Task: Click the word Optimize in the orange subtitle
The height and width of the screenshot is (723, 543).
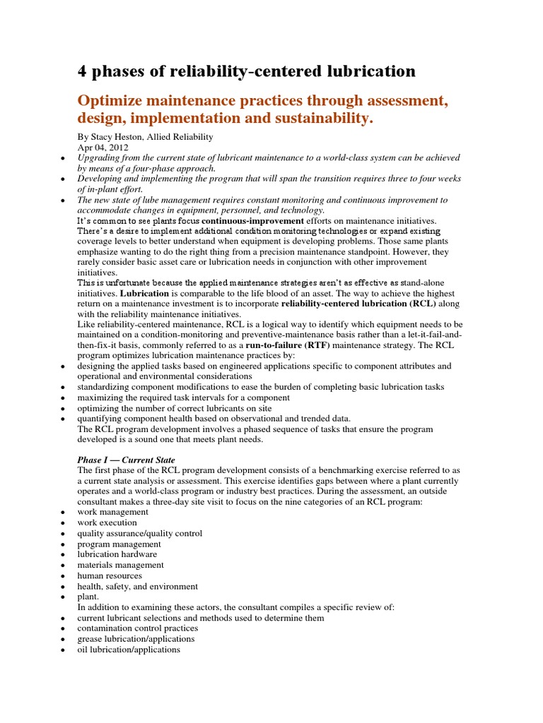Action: pos(114,101)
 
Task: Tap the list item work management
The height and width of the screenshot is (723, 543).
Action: pos(112,512)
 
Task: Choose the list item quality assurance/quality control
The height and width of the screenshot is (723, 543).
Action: pos(139,533)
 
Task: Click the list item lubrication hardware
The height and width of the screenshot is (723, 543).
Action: pos(117,554)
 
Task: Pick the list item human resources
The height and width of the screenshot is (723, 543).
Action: pos(110,575)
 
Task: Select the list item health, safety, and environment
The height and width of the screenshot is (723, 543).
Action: pos(137,586)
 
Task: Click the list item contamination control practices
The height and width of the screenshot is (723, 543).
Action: pos(137,628)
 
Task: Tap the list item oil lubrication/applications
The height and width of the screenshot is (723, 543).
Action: pos(129,650)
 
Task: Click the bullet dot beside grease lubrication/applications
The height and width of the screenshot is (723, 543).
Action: pos(64,640)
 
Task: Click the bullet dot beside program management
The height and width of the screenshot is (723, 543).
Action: pos(64,544)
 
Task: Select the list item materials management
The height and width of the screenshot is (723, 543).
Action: pos(120,565)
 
